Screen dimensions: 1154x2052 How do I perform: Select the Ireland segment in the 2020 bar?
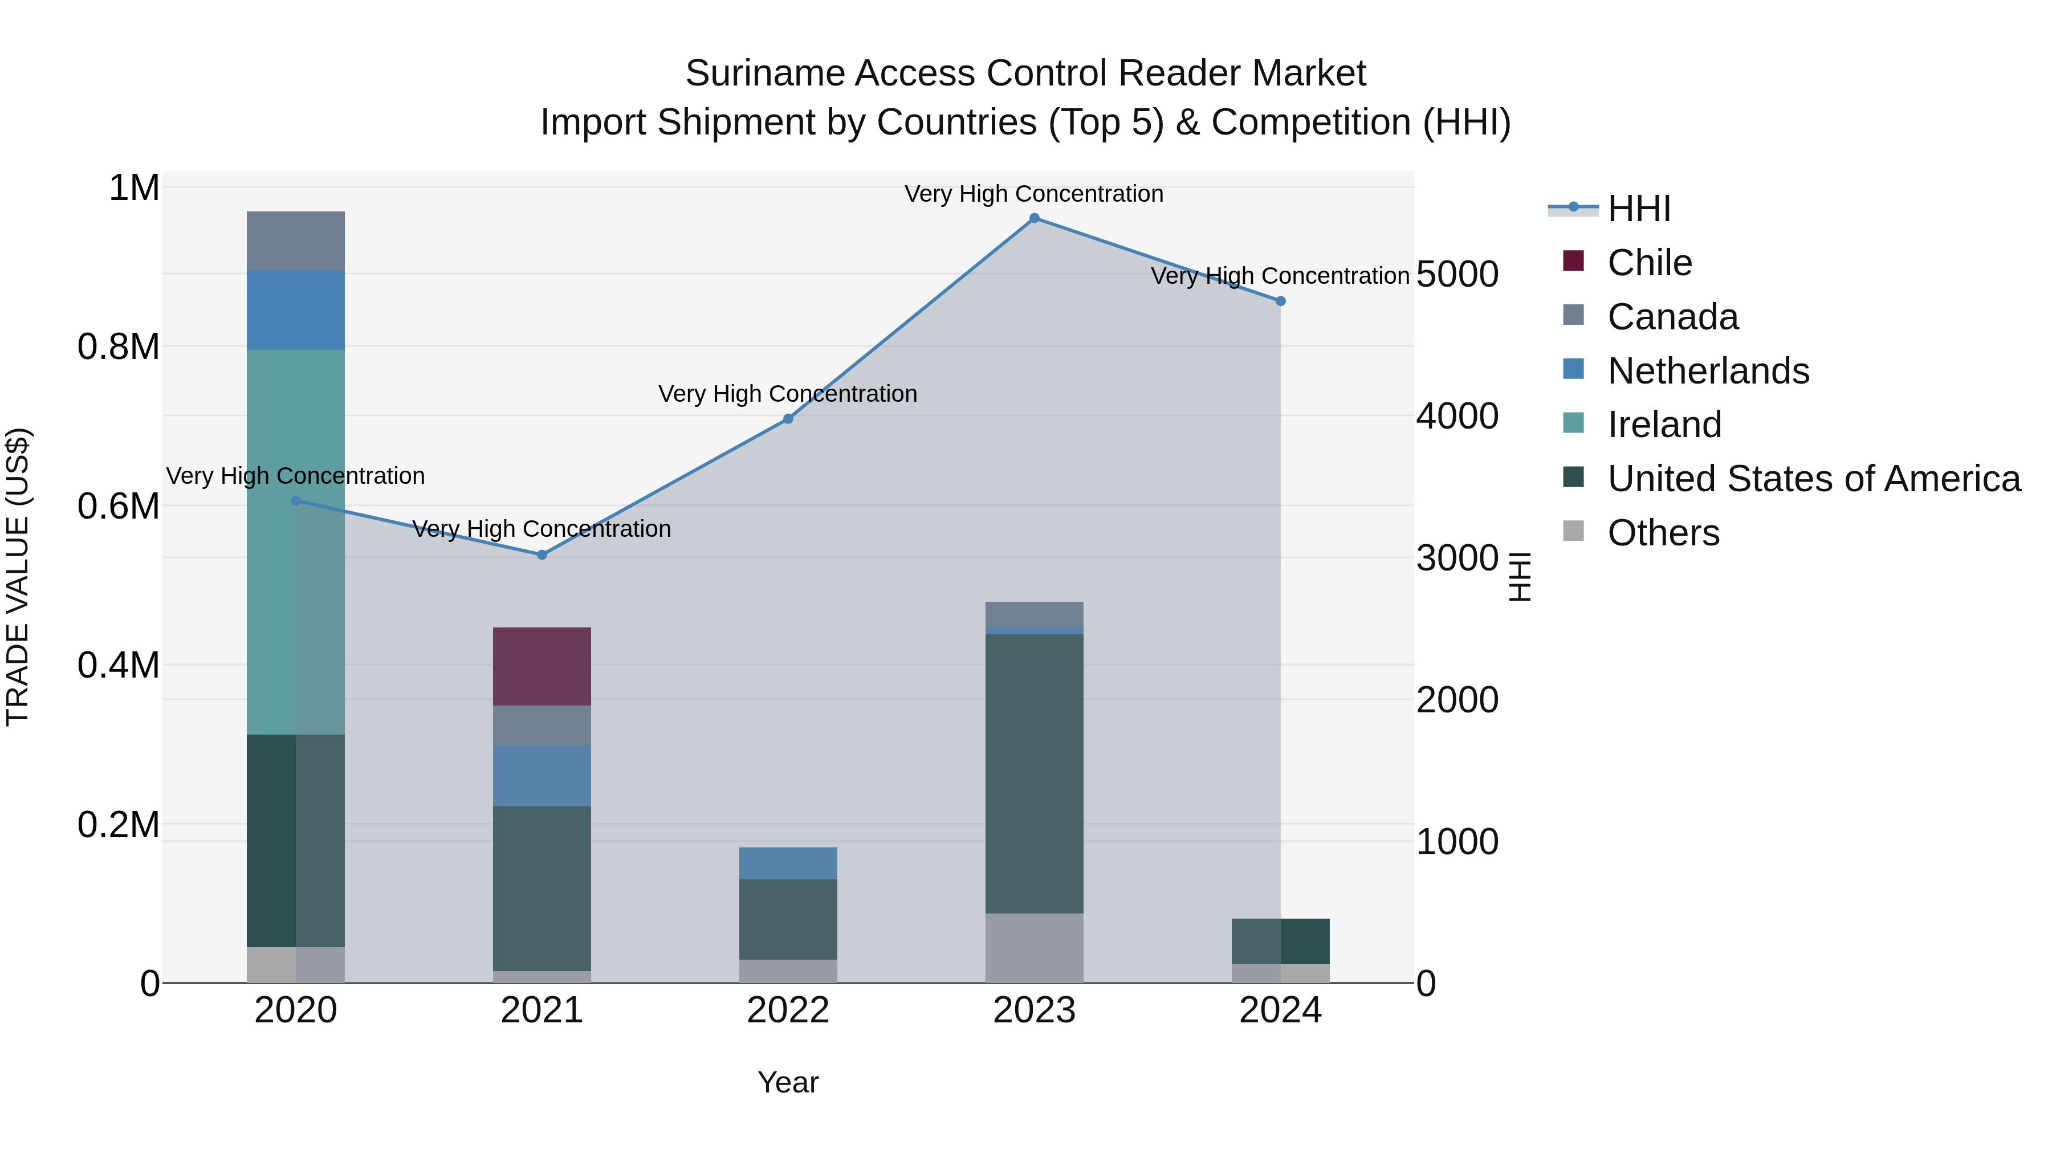[295, 541]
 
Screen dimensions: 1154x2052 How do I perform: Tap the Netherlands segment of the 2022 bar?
[788, 863]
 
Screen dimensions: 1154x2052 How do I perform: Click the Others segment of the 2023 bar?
[1034, 948]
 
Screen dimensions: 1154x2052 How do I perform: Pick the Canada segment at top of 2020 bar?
[295, 240]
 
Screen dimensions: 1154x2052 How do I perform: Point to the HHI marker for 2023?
[1034, 218]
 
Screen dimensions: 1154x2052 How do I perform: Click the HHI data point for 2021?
[541, 554]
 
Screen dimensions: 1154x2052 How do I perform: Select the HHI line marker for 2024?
[1280, 301]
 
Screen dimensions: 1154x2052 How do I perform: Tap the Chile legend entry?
[1649, 263]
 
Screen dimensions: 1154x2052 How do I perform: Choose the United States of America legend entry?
[1813, 479]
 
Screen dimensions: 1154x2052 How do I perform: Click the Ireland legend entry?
[1664, 425]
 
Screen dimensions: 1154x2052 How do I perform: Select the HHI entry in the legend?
[1639, 209]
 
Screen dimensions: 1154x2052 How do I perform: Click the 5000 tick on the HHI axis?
[1457, 275]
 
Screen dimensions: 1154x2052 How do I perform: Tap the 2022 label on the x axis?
[788, 1010]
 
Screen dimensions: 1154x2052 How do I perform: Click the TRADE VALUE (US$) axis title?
[18, 577]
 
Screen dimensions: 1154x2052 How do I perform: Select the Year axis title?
[788, 1082]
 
